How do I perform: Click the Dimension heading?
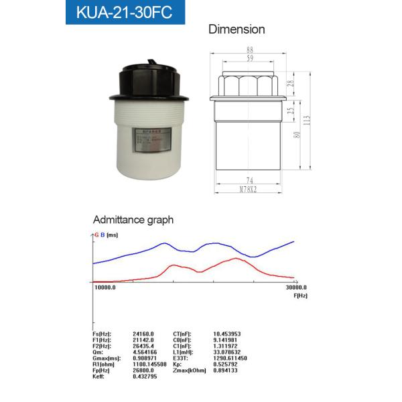[x=237, y=29]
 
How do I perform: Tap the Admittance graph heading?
[x=133, y=219]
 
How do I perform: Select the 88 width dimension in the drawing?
[x=251, y=50]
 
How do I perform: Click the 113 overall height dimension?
[x=308, y=120]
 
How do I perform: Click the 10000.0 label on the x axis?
[x=105, y=288]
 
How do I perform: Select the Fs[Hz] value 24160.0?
[x=143, y=333]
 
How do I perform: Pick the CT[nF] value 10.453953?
[x=226, y=333]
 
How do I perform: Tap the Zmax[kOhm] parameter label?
[x=189, y=370]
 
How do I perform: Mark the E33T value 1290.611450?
[x=230, y=358]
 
